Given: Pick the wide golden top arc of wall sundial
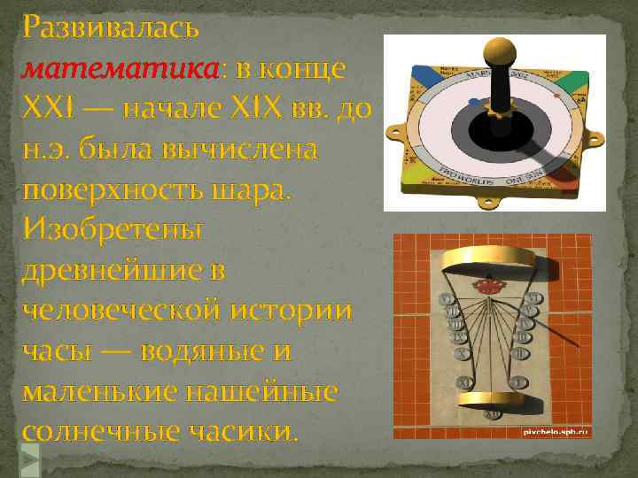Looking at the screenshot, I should point(492,258).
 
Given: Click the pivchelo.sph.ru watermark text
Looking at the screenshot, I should point(553,429).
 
